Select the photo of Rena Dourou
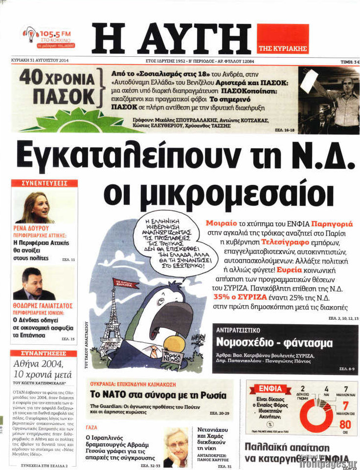(x=34, y=207)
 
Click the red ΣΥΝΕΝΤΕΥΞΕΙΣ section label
(x=45, y=183)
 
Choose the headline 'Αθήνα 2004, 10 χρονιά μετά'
(x=42, y=369)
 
